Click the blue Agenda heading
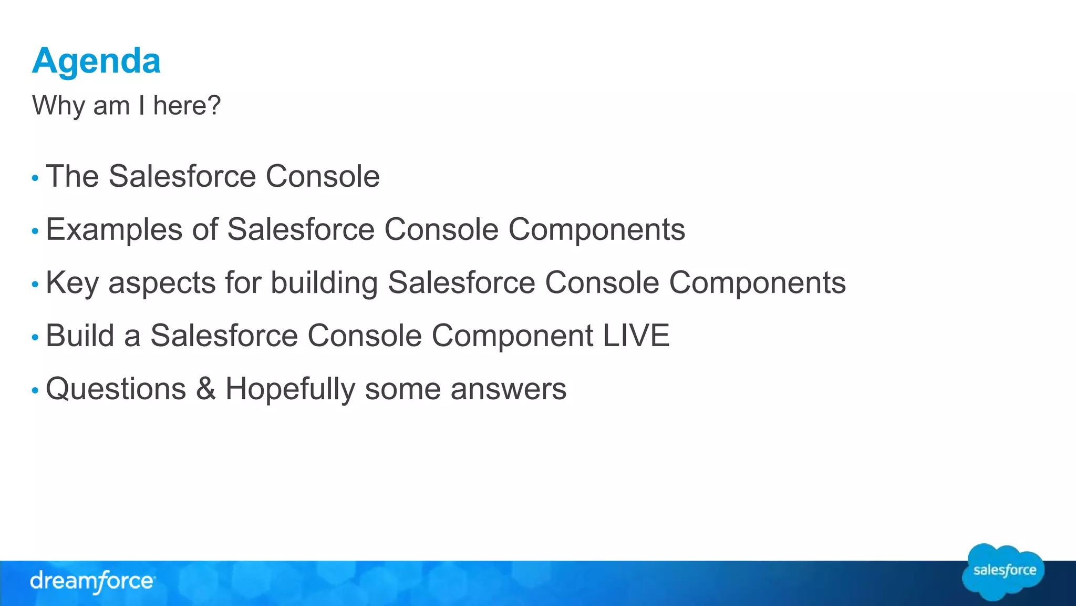pos(96,61)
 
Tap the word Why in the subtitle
pos(58,105)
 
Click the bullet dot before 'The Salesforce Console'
pos(35,178)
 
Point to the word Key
pos(72,283)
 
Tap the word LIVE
pos(636,336)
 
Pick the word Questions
pos(116,389)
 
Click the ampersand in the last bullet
pos(205,389)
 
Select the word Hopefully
pos(291,389)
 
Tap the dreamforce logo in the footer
pos(92,582)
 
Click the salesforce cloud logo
pos(1003,572)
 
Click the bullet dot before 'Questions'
pos(35,391)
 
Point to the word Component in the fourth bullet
pos(512,336)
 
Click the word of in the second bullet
pos(205,229)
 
